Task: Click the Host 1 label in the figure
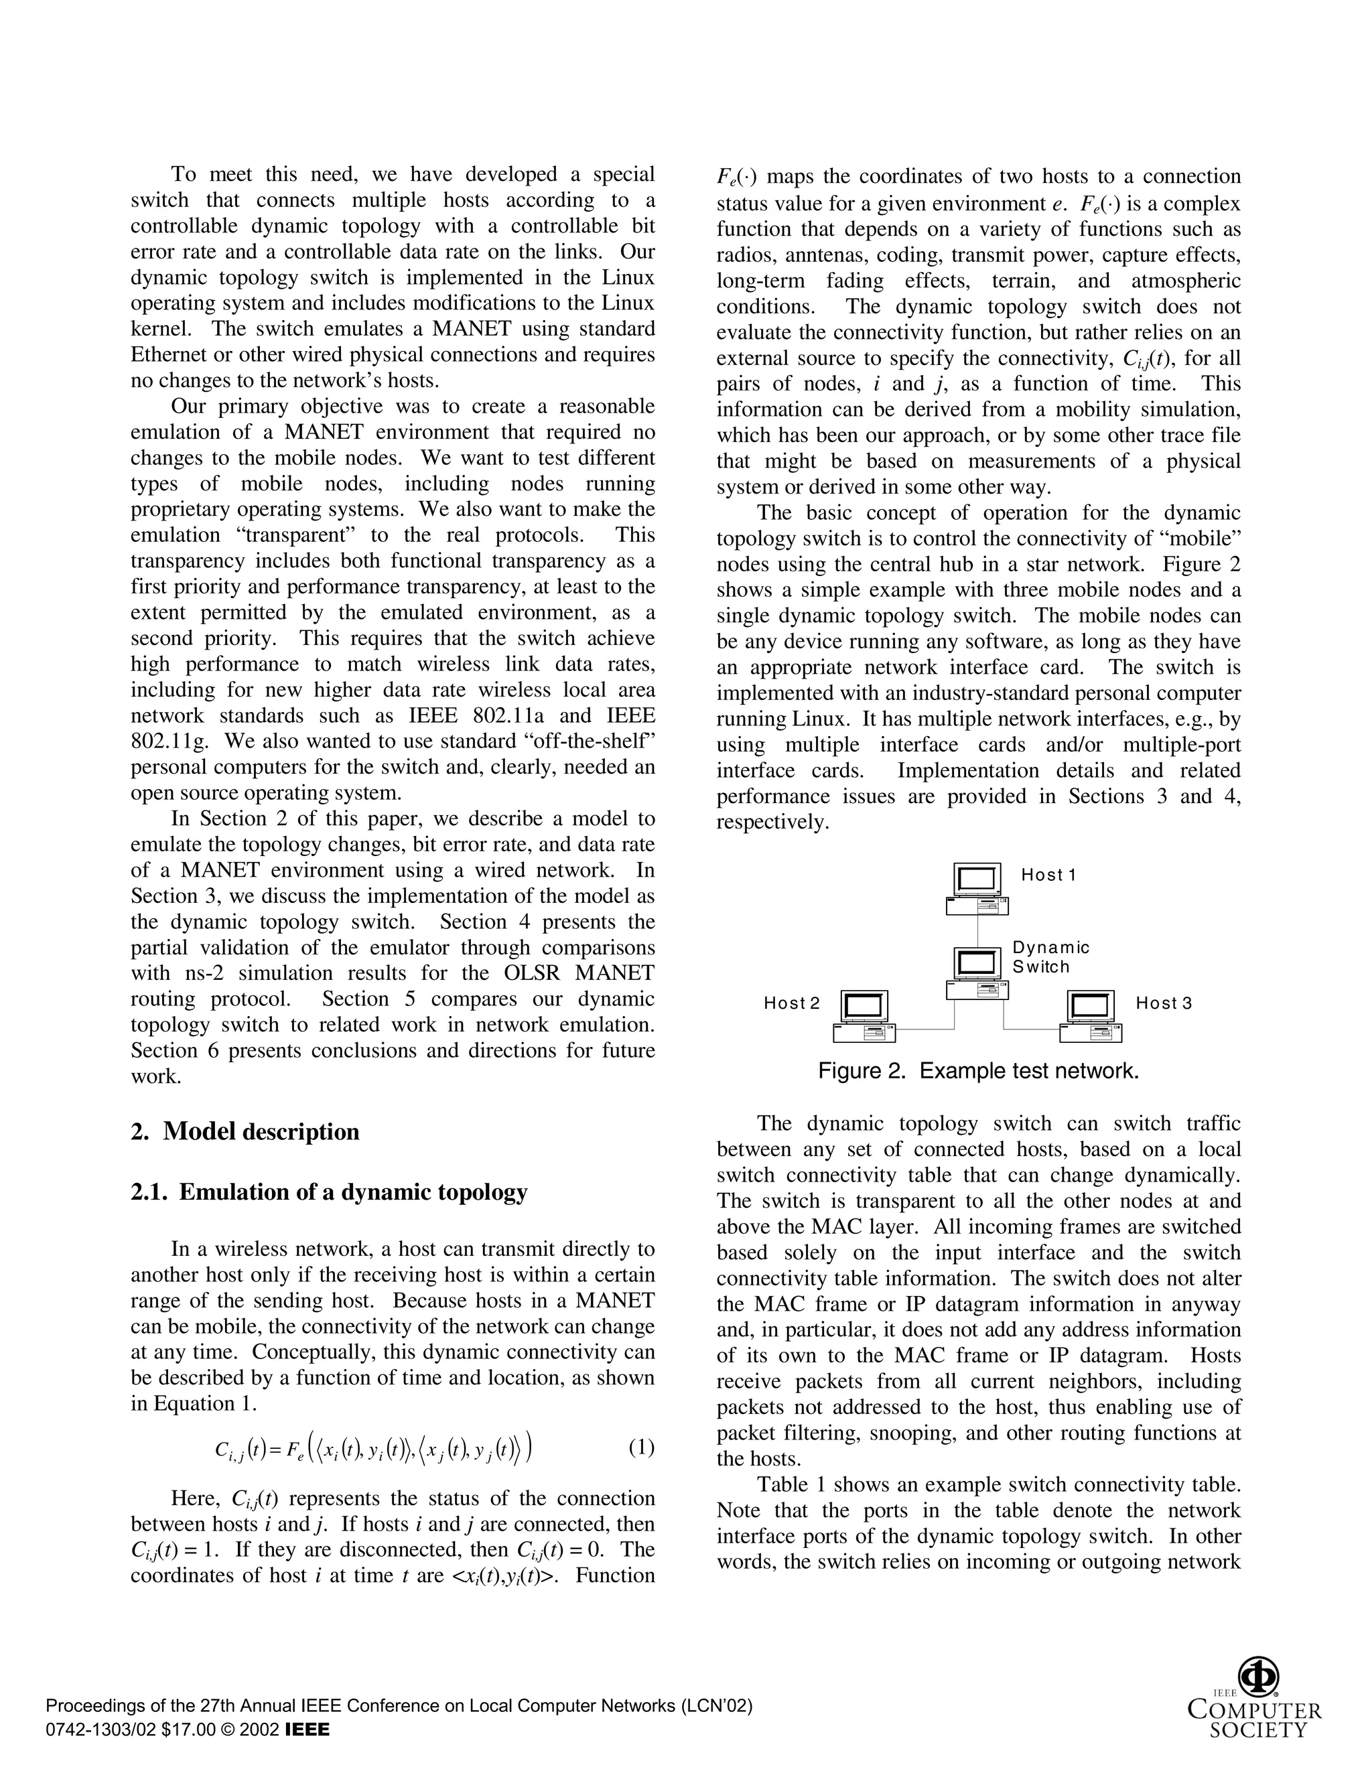pos(1048,875)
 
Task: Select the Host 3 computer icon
pos(1091,1017)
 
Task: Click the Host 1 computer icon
pos(977,889)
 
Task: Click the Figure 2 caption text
pos(978,1071)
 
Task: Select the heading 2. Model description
pos(245,1132)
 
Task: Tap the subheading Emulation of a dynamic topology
pos(353,1192)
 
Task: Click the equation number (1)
pos(641,1470)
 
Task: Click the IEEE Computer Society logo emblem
pos(1257,1677)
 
